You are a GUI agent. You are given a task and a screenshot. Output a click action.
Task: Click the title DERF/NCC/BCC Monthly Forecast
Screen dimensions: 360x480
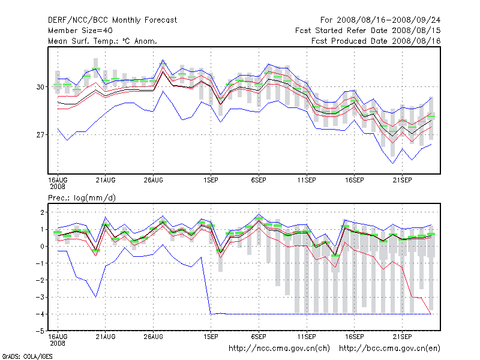click(112, 20)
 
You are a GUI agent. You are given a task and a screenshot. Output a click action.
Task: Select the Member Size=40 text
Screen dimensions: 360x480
click(79, 31)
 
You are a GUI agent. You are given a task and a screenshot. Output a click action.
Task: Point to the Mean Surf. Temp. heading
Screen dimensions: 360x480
click(103, 41)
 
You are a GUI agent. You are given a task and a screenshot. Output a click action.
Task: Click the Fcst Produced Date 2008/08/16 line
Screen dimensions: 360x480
click(376, 41)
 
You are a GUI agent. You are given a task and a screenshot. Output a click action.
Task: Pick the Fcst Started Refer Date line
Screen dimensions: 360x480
click(368, 31)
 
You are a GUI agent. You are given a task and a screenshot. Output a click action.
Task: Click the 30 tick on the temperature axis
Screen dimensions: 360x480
click(40, 86)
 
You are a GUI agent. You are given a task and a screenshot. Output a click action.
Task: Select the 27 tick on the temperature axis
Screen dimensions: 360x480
click(40, 134)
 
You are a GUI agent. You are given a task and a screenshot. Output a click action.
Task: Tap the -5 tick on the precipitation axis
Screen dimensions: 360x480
click(39, 331)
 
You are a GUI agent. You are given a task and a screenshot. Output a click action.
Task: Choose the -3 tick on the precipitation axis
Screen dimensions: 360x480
click(39, 297)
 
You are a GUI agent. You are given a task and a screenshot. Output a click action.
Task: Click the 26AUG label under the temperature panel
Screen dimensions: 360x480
click(154, 179)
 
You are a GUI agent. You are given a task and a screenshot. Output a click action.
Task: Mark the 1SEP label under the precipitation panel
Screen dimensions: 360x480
click(211, 336)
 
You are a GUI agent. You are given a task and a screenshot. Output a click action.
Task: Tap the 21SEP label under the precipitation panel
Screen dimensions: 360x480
click(401, 336)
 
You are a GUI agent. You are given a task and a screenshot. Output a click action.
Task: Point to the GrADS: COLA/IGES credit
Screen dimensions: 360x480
click(27, 356)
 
